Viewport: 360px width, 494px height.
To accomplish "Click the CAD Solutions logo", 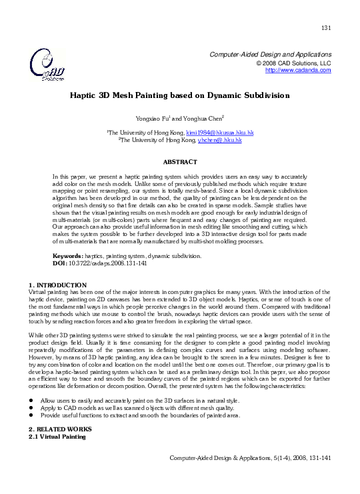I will (x=47, y=64).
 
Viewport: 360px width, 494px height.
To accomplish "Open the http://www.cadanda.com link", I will (x=298, y=70).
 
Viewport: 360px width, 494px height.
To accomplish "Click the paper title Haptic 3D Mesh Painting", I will (x=180, y=95).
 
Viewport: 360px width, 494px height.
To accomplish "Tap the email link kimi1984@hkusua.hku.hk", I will (x=219, y=133).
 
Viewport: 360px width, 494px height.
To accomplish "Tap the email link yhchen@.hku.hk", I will (x=220, y=141).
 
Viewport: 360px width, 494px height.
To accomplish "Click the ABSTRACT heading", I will (x=180, y=161).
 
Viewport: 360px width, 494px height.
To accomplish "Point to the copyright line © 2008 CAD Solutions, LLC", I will (x=293, y=63).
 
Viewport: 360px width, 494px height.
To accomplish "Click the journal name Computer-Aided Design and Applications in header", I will (x=271, y=54).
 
